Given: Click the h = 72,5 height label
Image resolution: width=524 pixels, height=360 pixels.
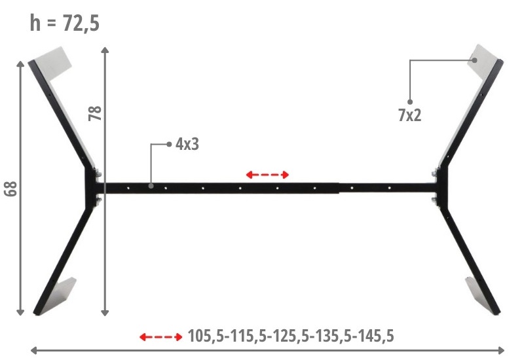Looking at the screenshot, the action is [x=64, y=24].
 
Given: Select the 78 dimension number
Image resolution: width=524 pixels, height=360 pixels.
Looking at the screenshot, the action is [x=95, y=113].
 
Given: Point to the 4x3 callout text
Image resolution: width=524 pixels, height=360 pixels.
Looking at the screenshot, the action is [x=187, y=144].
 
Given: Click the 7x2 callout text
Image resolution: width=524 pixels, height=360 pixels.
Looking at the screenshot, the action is [x=410, y=115].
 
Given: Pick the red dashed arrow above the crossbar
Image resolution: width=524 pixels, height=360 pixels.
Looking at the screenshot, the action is [x=267, y=174].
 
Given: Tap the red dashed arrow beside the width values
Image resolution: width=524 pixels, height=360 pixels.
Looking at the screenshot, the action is [x=161, y=336].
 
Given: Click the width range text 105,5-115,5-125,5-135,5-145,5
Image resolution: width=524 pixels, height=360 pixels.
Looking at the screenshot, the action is [x=291, y=336].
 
